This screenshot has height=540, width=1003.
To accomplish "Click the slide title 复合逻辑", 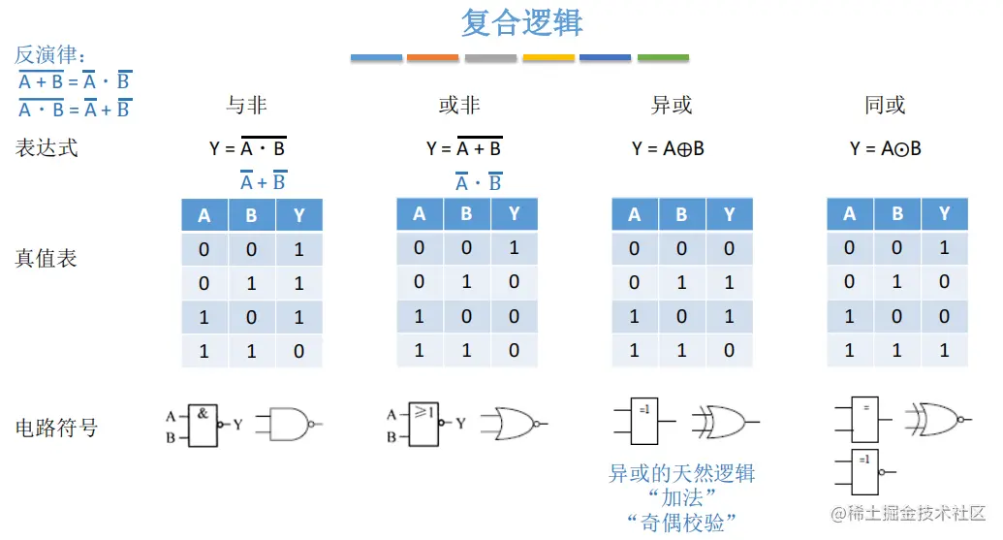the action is click(x=521, y=23).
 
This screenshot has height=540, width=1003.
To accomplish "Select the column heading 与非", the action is click(x=246, y=106).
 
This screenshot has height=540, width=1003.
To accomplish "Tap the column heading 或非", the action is click(x=459, y=106).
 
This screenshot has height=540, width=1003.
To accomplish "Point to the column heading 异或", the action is click(x=673, y=106).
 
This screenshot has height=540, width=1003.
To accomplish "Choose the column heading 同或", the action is click(x=885, y=106).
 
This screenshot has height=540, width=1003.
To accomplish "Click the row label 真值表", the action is click(x=46, y=259).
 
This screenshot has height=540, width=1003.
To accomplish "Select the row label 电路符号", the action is click(x=56, y=428).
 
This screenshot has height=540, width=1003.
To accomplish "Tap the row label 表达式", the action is click(x=46, y=148).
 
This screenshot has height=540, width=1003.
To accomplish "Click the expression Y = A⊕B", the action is click(x=668, y=148).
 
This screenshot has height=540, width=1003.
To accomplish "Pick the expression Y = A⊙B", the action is click(x=885, y=148).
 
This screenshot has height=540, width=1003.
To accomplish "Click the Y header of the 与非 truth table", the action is click(x=298, y=215).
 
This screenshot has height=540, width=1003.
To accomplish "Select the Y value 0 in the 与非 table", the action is click(x=298, y=352).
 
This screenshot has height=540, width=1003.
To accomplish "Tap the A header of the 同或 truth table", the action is click(x=850, y=213).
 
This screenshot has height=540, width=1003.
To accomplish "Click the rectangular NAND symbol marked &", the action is click(x=203, y=425).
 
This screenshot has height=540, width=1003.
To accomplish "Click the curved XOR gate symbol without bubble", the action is click(x=720, y=423).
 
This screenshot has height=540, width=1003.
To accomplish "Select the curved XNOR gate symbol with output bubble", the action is click(x=936, y=419).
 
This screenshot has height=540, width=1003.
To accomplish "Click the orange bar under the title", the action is click(x=432, y=58).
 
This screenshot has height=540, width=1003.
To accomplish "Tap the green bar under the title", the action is click(x=663, y=58).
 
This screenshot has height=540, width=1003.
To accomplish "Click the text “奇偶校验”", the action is click(x=681, y=524).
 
